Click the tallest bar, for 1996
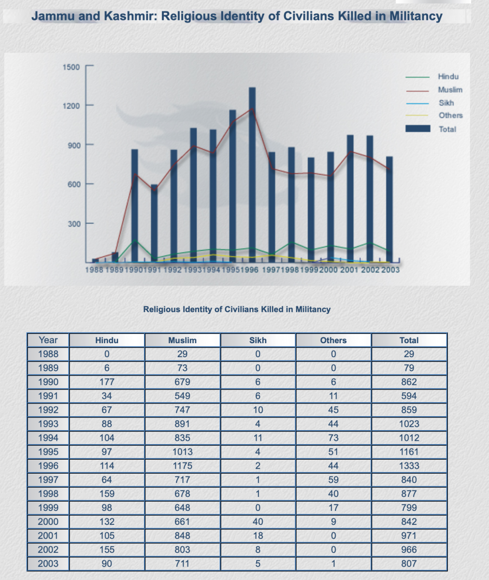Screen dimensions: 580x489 (252, 174)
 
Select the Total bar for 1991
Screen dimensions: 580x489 (154, 222)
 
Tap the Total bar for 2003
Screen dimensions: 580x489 (389, 208)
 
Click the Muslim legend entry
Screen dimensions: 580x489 (450, 90)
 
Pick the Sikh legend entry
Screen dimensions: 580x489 (446, 103)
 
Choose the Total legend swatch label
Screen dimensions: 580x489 (447, 129)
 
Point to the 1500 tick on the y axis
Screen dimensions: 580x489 (71, 67)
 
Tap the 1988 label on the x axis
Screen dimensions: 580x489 (94, 270)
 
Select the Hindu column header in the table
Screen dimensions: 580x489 (107, 340)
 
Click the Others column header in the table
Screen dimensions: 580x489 (333, 340)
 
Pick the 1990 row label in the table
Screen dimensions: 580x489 (48, 382)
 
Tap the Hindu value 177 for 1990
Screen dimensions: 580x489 (107, 382)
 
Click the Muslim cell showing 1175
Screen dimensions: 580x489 (182, 466)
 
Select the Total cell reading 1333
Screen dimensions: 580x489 (409, 466)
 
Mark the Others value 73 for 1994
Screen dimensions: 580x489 (333, 438)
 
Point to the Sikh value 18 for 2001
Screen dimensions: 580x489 (258, 536)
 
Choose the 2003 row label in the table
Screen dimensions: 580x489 (48, 564)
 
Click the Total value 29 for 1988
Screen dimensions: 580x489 (409, 354)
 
